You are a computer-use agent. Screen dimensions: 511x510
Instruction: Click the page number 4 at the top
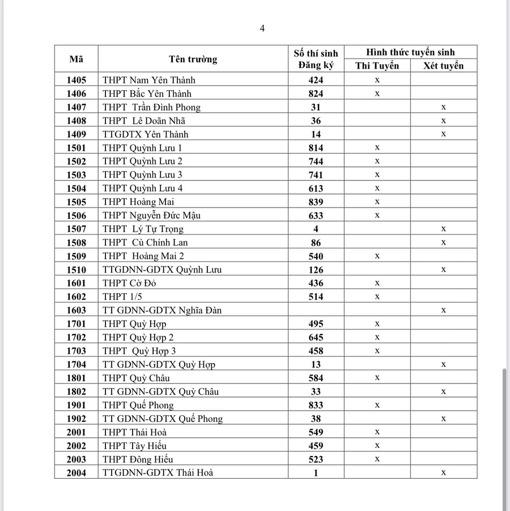[262, 28]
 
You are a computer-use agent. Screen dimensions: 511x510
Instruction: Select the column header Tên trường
[193, 59]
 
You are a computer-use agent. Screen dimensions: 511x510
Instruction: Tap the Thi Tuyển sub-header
[377, 66]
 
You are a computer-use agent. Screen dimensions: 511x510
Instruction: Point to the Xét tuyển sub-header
[444, 66]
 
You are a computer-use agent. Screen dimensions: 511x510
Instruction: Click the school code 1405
[76, 80]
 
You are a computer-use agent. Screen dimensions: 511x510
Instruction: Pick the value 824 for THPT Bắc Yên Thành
[316, 94]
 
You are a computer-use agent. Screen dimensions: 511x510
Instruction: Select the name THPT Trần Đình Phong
[152, 107]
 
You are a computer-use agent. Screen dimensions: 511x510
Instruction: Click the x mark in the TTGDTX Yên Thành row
[444, 134]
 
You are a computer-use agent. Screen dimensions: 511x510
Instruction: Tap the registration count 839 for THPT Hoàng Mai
[316, 202]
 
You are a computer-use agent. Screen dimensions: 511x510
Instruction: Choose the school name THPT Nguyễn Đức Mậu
[152, 216]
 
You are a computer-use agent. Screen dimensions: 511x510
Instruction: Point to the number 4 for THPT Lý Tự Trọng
[316, 229]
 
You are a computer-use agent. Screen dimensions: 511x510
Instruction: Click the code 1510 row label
[76, 270]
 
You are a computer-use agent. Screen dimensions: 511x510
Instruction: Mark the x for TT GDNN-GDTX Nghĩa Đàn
[444, 310]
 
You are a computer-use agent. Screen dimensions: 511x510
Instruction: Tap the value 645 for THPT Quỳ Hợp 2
[316, 337]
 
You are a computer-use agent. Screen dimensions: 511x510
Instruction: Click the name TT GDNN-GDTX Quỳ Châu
[161, 391]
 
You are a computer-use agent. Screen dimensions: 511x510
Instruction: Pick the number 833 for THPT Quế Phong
[316, 405]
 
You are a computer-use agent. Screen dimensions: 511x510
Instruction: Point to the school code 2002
[76, 446]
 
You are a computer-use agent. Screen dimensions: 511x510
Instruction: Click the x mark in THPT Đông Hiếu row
[377, 459]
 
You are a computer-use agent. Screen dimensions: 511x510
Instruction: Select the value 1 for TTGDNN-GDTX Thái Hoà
[316, 472]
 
